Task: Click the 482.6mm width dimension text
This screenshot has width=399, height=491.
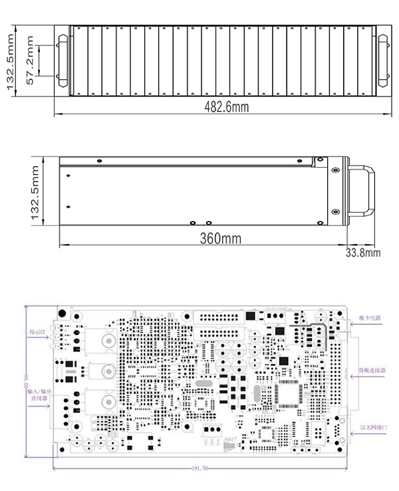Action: pyautogui.click(x=223, y=106)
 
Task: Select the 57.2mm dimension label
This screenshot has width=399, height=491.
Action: pyautogui.click(x=29, y=60)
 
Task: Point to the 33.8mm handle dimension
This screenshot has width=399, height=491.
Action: pyautogui.click(x=363, y=253)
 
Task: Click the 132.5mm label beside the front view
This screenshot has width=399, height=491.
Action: pyautogui.click(x=9, y=60)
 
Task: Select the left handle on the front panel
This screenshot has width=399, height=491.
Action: pyautogui.click(x=63, y=60)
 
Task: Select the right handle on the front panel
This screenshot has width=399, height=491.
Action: pyautogui.click(x=384, y=60)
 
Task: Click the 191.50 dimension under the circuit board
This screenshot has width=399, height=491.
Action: pyautogui.click(x=200, y=468)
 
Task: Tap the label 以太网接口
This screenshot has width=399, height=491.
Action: pyautogui.click(x=373, y=426)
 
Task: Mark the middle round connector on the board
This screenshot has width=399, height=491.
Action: pyautogui.click(x=106, y=371)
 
